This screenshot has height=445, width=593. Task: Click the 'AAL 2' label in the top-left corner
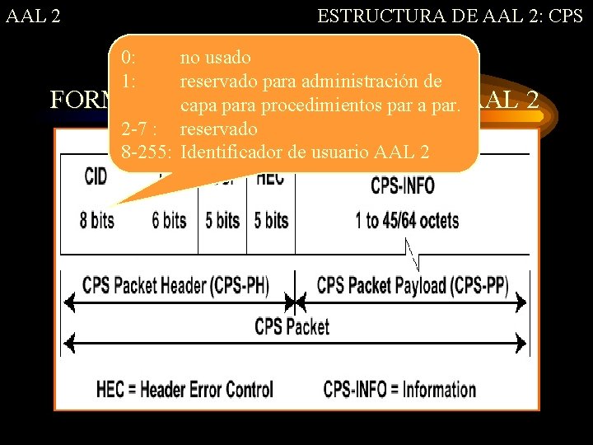tap(32, 15)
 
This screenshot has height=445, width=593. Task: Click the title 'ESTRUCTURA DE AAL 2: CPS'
tap(450, 15)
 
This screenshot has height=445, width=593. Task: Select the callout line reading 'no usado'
tap(215, 58)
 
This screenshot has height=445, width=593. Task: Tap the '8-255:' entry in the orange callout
tap(147, 152)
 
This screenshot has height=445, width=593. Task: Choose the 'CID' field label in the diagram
tap(96, 176)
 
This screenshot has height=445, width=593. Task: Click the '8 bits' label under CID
tap(96, 220)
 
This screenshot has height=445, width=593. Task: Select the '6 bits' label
tap(169, 220)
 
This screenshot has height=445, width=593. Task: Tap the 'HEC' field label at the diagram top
tap(270, 177)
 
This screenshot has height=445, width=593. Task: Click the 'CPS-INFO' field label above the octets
tap(403, 185)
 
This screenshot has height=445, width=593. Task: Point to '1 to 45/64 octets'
tap(407, 220)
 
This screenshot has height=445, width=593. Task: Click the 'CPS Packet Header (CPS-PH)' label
tap(175, 285)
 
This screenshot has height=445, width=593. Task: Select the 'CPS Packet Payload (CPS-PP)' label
tap(412, 285)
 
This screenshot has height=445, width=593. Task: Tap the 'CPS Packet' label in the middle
tap(292, 326)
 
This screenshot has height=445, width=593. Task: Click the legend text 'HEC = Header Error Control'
tap(184, 389)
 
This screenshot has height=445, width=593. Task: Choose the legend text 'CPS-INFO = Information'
tap(399, 389)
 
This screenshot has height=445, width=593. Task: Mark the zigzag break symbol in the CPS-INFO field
tap(414, 255)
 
